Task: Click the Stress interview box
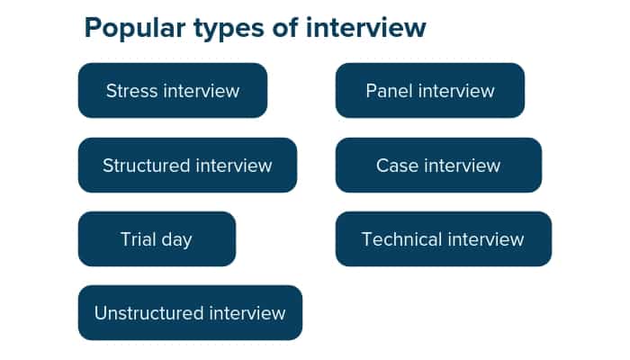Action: (173, 91)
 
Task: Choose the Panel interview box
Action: (430, 91)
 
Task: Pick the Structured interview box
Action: (187, 166)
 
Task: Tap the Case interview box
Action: (438, 166)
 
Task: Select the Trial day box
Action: (157, 239)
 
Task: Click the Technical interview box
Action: (443, 239)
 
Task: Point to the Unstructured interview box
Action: (190, 313)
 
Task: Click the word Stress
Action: (131, 91)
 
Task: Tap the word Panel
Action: (388, 91)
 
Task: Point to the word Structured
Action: (147, 166)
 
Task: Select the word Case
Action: (397, 166)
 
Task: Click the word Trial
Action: (137, 239)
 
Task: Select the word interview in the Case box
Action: (462, 166)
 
